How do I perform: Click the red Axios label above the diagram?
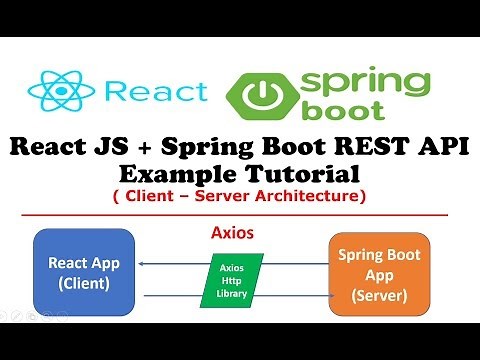pos(232,230)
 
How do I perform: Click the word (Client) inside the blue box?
pos(84,283)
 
